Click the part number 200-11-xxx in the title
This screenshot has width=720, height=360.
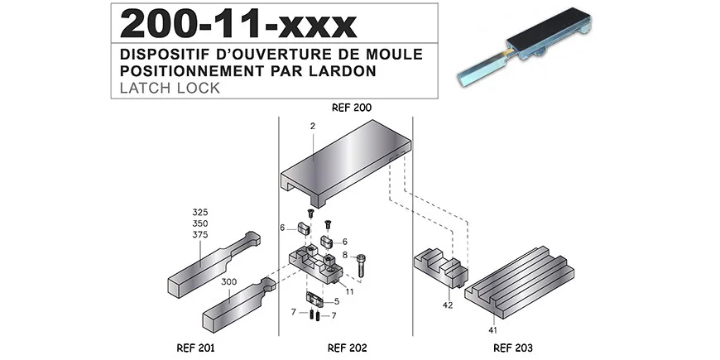click(238, 25)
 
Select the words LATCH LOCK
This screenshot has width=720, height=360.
click(170, 88)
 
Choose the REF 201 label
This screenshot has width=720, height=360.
click(196, 348)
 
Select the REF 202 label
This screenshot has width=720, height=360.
click(346, 348)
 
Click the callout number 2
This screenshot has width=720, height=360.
click(314, 126)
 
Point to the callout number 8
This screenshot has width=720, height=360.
click(345, 256)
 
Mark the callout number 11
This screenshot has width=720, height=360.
click(350, 291)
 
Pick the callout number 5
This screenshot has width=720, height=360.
click(337, 301)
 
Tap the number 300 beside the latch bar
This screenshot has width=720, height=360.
click(229, 281)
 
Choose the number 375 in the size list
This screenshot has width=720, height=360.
click(201, 234)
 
